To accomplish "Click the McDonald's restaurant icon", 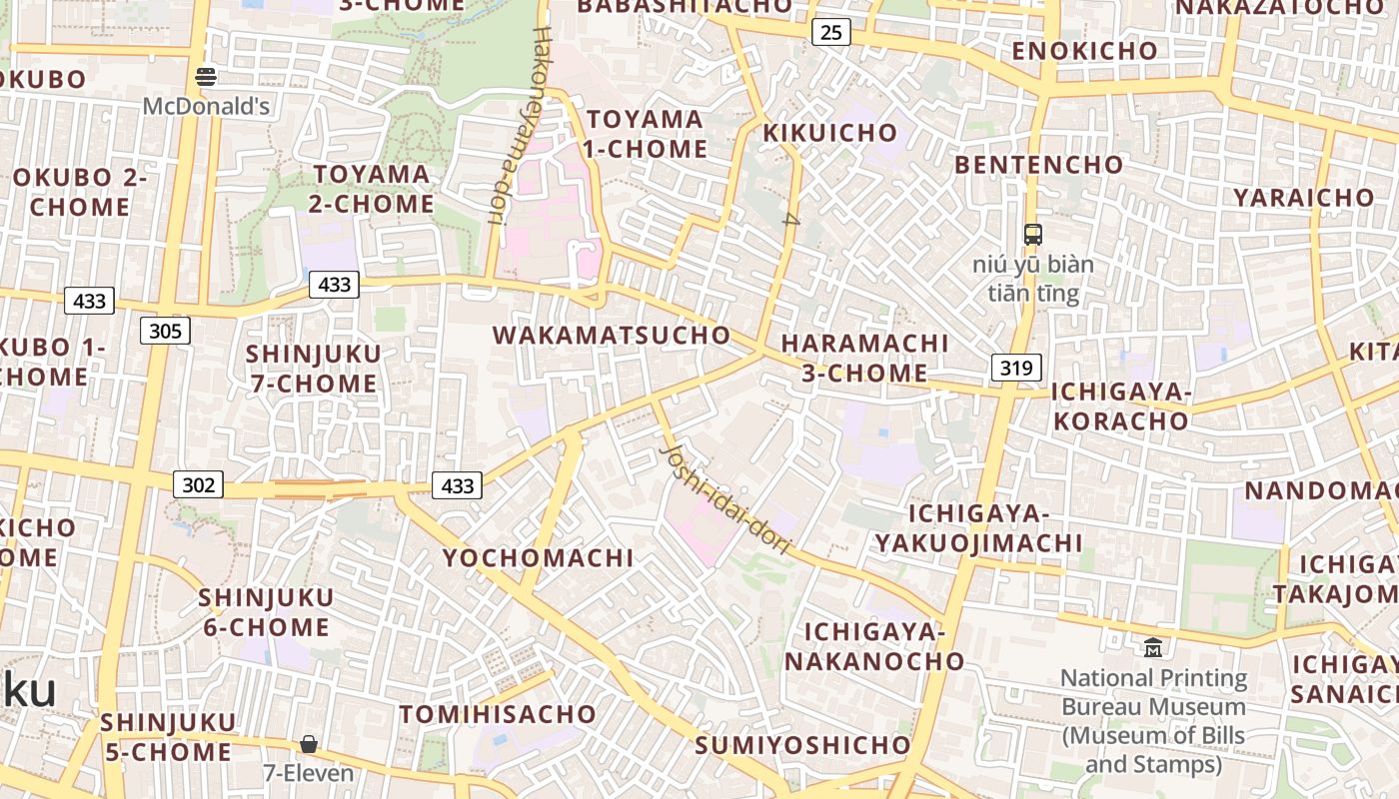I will click(x=206, y=76).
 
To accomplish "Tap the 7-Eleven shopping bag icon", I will click(x=309, y=744).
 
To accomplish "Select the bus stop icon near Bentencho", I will click(x=1033, y=236).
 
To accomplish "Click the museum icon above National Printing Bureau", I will click(x=1153, y=648).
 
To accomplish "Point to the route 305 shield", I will click(x=165, y=331).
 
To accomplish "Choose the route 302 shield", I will click(x=199, y=485).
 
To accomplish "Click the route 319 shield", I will click(x=1016, y=368).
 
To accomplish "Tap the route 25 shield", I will click(x=830, y=33).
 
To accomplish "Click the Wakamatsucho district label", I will click(x=612, y=336).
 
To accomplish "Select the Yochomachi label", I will click(x=539, y=557).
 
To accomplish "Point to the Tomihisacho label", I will click(x=498, y=714).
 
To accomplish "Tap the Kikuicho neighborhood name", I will click(x=830, y=133).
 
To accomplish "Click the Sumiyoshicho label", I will click(x=802, y=745).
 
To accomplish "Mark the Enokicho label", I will click(x=1084, y=51).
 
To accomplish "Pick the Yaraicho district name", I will click(x=1303, y=198).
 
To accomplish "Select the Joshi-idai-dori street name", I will click(x=725, y=499).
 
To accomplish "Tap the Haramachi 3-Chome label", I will click(x=864, y=358).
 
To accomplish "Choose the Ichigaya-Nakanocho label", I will click(x=874, y=646).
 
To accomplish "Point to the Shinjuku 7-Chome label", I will click(x=313, y=368).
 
